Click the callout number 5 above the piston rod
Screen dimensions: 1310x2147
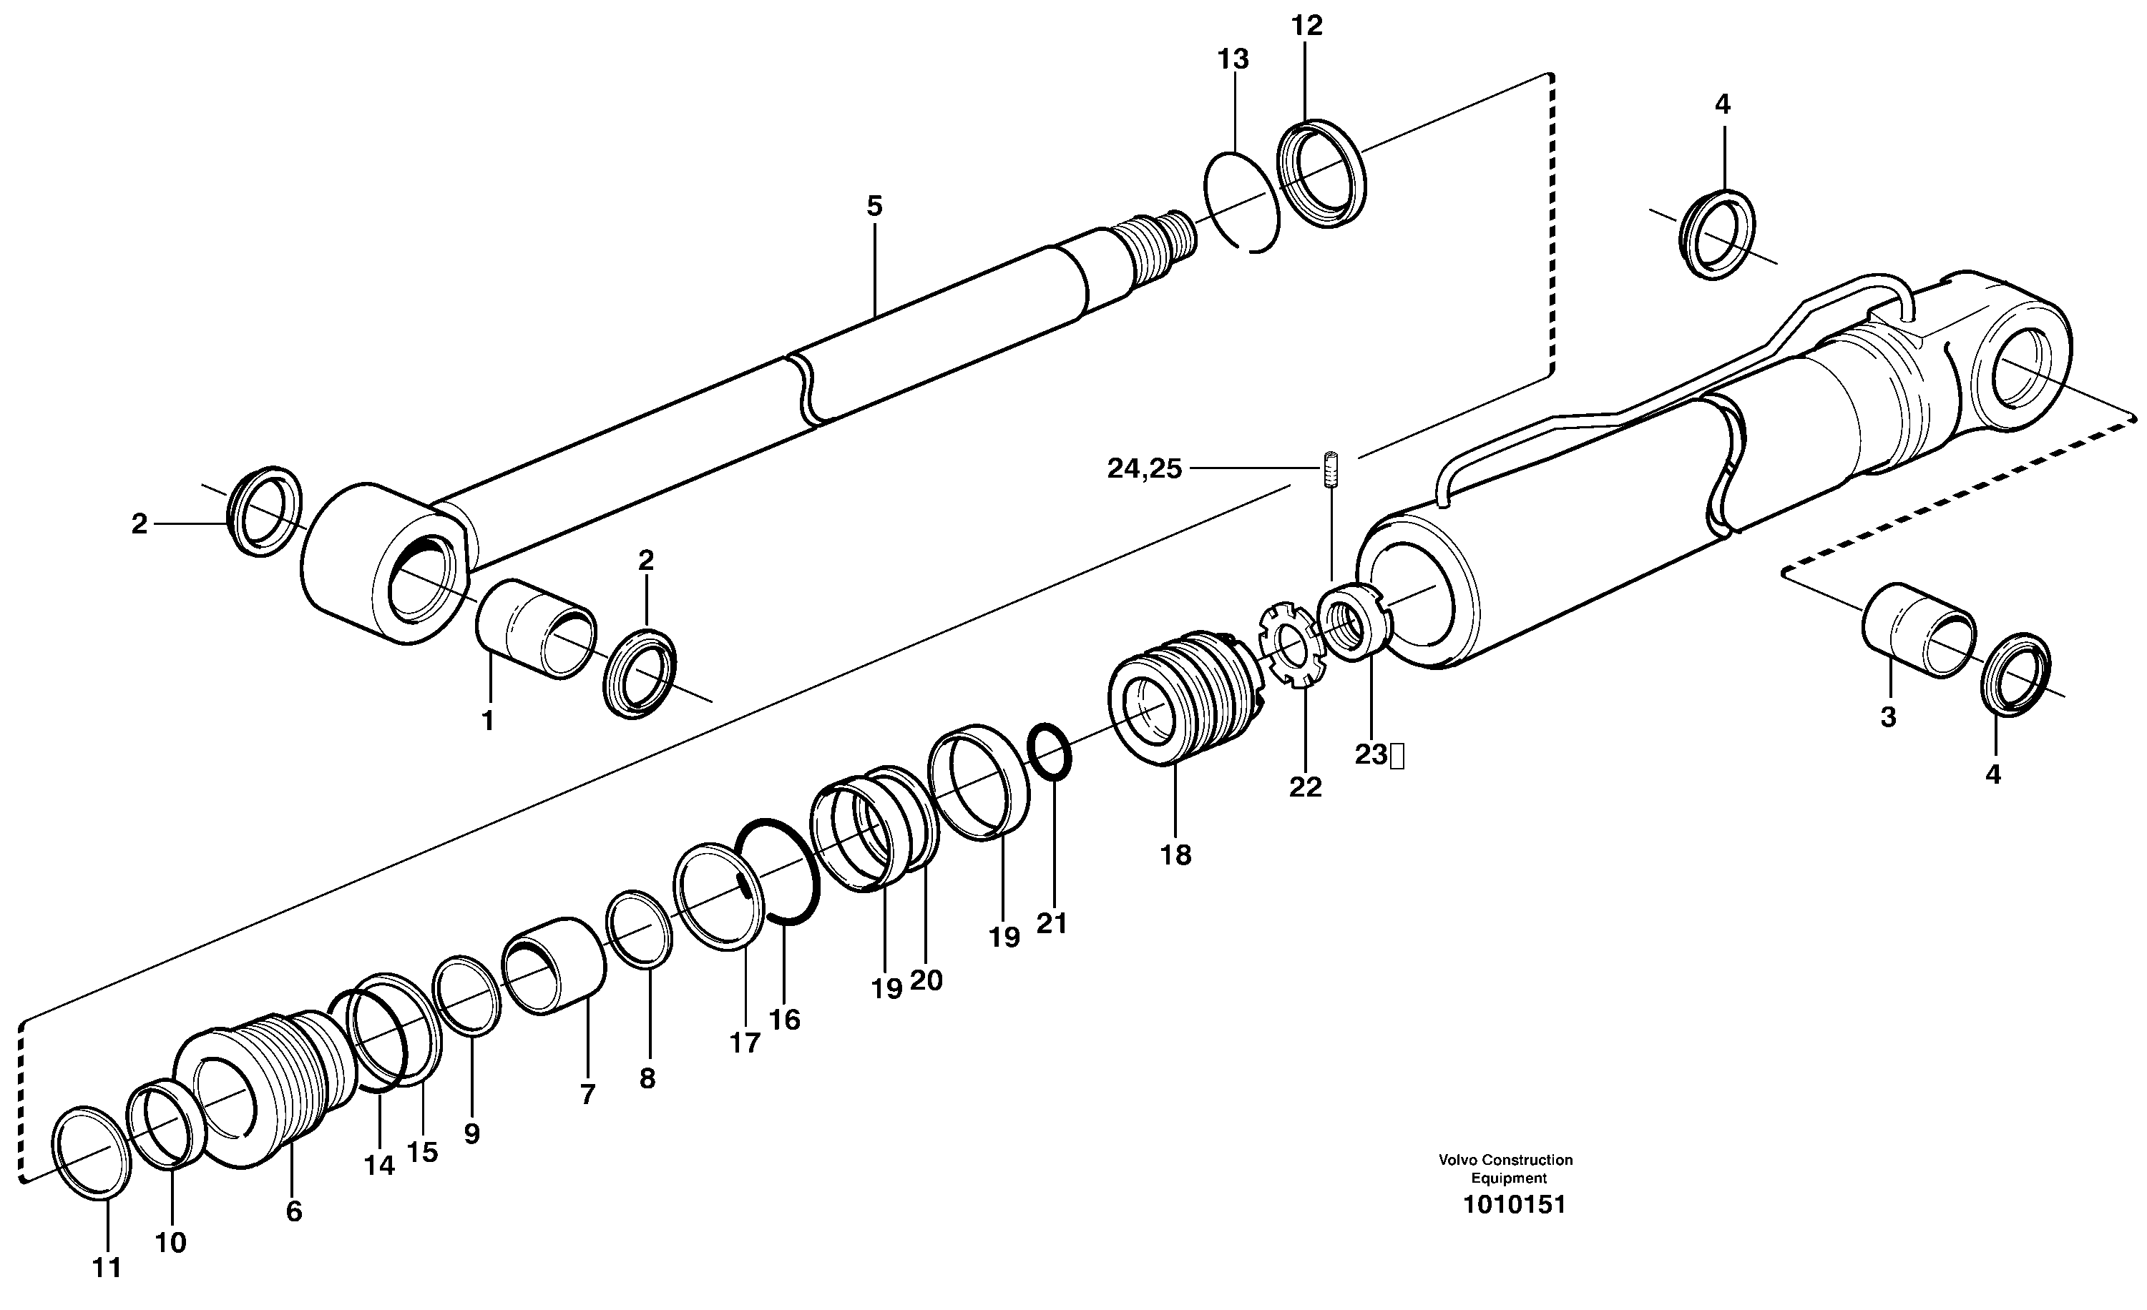pos(874,207)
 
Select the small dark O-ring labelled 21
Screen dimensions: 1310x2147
pos(1051,751)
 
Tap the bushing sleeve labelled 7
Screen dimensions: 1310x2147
pos(554,965)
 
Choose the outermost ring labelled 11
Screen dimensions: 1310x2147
pos(92,1151)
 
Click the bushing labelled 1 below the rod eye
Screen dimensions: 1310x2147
pos(536,628)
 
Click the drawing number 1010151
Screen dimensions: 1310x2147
pos(1514,1205)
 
